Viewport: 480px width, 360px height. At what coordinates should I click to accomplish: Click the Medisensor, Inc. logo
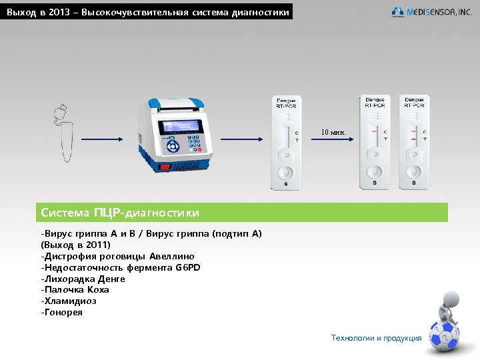pos(431,12)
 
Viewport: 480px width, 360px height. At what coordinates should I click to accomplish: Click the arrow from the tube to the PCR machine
pos(102,139)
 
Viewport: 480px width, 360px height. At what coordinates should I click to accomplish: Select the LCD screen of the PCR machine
pos(180,127)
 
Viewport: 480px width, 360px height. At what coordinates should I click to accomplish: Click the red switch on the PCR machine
pos(165,167)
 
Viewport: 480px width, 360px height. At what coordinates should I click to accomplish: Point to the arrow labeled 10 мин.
pos(333,139)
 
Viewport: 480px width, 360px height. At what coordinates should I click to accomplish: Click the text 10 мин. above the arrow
pos(333,132)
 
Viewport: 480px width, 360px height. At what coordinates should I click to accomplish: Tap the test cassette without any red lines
pos(286,143)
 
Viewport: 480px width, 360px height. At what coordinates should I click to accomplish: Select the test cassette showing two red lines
pos(414,142)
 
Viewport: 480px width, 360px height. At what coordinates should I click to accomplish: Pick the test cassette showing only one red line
pos(375,142)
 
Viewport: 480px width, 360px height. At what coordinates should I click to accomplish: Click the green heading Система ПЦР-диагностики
pos(120,213)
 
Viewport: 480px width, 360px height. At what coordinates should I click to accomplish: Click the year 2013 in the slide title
pos(59,12)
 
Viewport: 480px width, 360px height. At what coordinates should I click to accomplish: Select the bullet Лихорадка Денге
pos(83,279)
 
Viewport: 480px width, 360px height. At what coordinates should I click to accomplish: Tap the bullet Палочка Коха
pos(75,289)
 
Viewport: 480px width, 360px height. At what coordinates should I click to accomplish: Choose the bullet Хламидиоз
pos(69,301)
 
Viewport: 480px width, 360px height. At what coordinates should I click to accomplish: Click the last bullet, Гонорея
pos(62,312)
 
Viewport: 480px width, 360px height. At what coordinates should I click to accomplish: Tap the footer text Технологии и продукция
pos(376,338)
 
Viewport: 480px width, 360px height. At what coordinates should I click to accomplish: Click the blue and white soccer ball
pos(444,336)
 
